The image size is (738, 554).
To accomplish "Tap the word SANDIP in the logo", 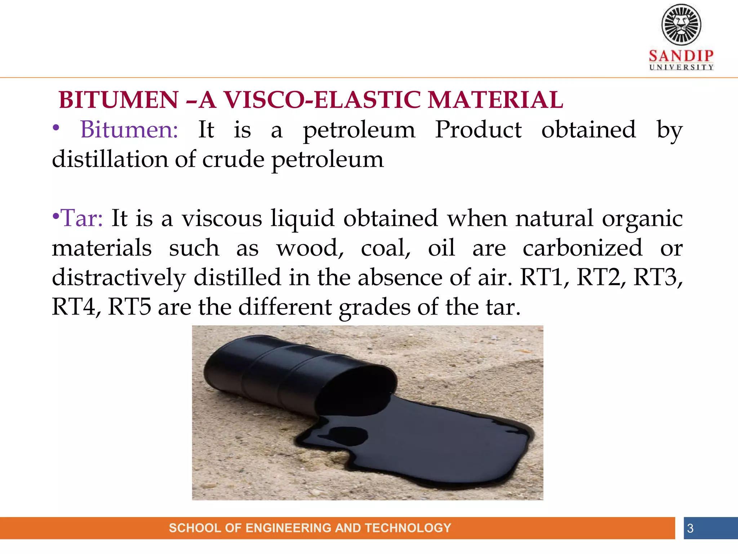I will point(681,56).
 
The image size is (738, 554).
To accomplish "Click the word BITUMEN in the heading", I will point(119,100).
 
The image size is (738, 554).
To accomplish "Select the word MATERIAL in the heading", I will point(495,100).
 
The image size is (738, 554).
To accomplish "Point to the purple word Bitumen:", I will point(129,129).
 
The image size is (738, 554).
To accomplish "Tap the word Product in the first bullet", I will point(478,129).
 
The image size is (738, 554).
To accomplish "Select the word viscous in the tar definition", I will point(222,218).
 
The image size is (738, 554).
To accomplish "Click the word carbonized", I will point(582,248).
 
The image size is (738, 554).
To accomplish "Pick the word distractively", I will point(119,278).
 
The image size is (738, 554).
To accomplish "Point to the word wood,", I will point(310,248).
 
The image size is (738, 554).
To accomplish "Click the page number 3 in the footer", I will point(690,528).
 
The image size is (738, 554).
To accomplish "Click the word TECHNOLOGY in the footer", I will point(408,528).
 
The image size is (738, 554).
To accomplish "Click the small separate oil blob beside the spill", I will point(348,435).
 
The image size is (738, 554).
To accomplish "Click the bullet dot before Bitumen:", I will point(56,128).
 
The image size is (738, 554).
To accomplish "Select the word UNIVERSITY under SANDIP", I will point(681,67).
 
